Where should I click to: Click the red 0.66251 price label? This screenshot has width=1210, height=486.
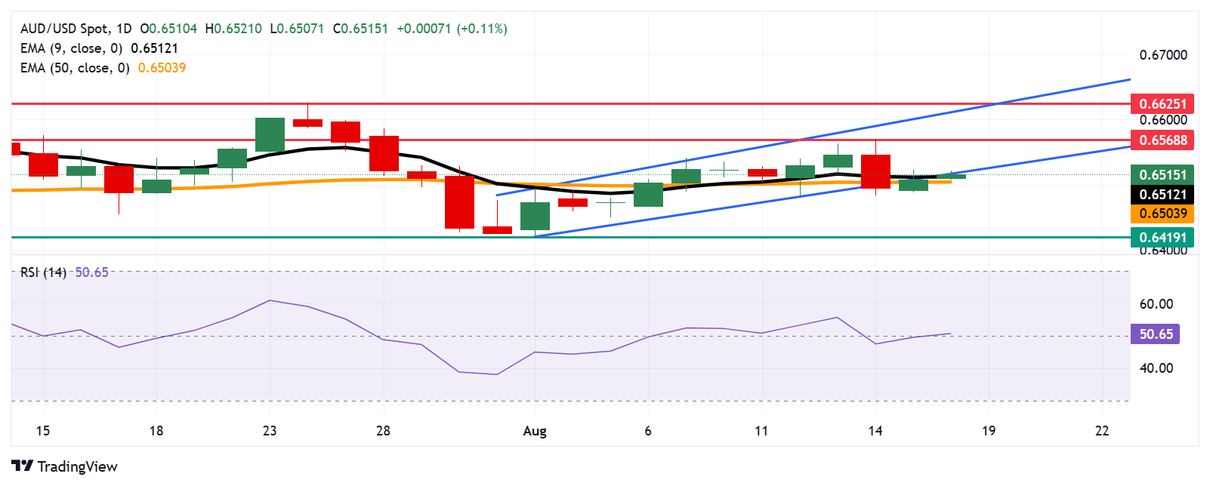coord(1162,103)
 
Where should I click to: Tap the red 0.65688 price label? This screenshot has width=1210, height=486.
coord(1162,140)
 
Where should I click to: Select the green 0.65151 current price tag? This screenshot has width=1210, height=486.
coord(1162,174)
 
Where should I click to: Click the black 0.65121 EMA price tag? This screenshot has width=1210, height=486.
coord(1162,194)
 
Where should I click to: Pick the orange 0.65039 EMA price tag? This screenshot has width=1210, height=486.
coord(1162,214)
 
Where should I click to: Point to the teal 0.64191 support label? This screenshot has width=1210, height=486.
coord(1162,237)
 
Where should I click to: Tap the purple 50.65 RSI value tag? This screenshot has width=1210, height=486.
coord(1156,334)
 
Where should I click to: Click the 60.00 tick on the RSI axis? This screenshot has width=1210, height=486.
coord(1156,304)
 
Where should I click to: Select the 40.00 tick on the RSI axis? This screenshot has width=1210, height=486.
coord(1156,368)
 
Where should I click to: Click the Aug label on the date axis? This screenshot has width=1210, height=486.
coord(535,431)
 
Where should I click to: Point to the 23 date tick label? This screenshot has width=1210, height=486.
coord(270,431)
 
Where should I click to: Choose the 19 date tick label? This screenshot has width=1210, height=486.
coord(989,431)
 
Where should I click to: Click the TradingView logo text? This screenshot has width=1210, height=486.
coord(76,466)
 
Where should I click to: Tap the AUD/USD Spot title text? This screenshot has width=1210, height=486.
coord(64,29)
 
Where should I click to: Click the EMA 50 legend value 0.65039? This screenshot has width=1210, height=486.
coord(162,68)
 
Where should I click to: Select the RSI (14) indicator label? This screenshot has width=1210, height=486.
coord(43,272)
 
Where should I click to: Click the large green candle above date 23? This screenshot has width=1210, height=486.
coord(270,135)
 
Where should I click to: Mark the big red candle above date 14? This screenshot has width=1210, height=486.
coord(875,171)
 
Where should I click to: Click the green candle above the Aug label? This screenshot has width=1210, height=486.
coord(535,216)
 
